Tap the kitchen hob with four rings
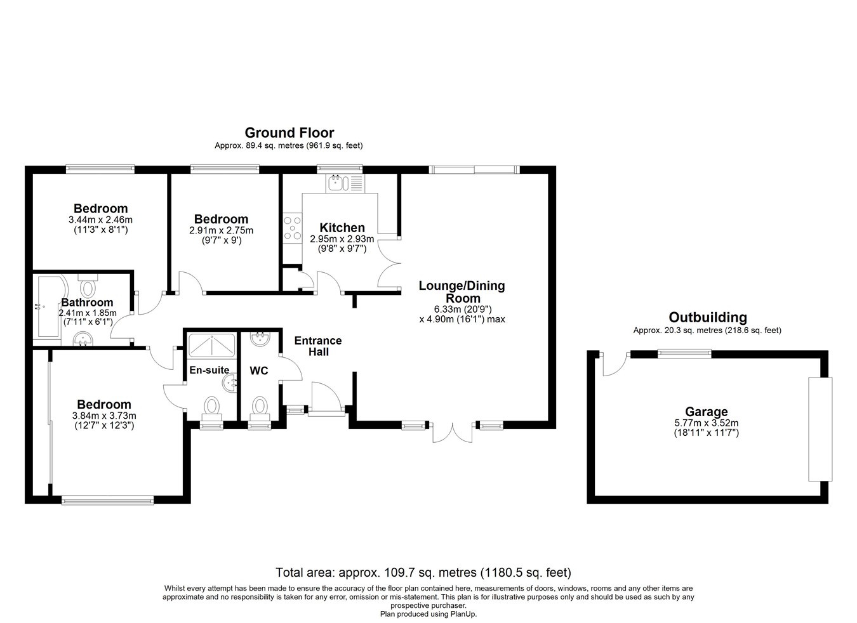click(x=292, y=228)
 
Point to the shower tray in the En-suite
click(x=212, y=345)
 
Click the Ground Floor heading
click(x=289, y=133)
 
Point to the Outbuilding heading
click(x=707, y=317)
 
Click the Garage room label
click(x=707, y=412)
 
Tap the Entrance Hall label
click(x=318, y=346)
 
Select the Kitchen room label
click(x=342, y=228)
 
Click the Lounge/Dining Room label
click(x=462, y=292)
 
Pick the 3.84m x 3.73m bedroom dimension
click(x=104, y=416)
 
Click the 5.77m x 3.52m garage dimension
click(x=707, y=423)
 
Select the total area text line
click(x=423, y=572)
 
